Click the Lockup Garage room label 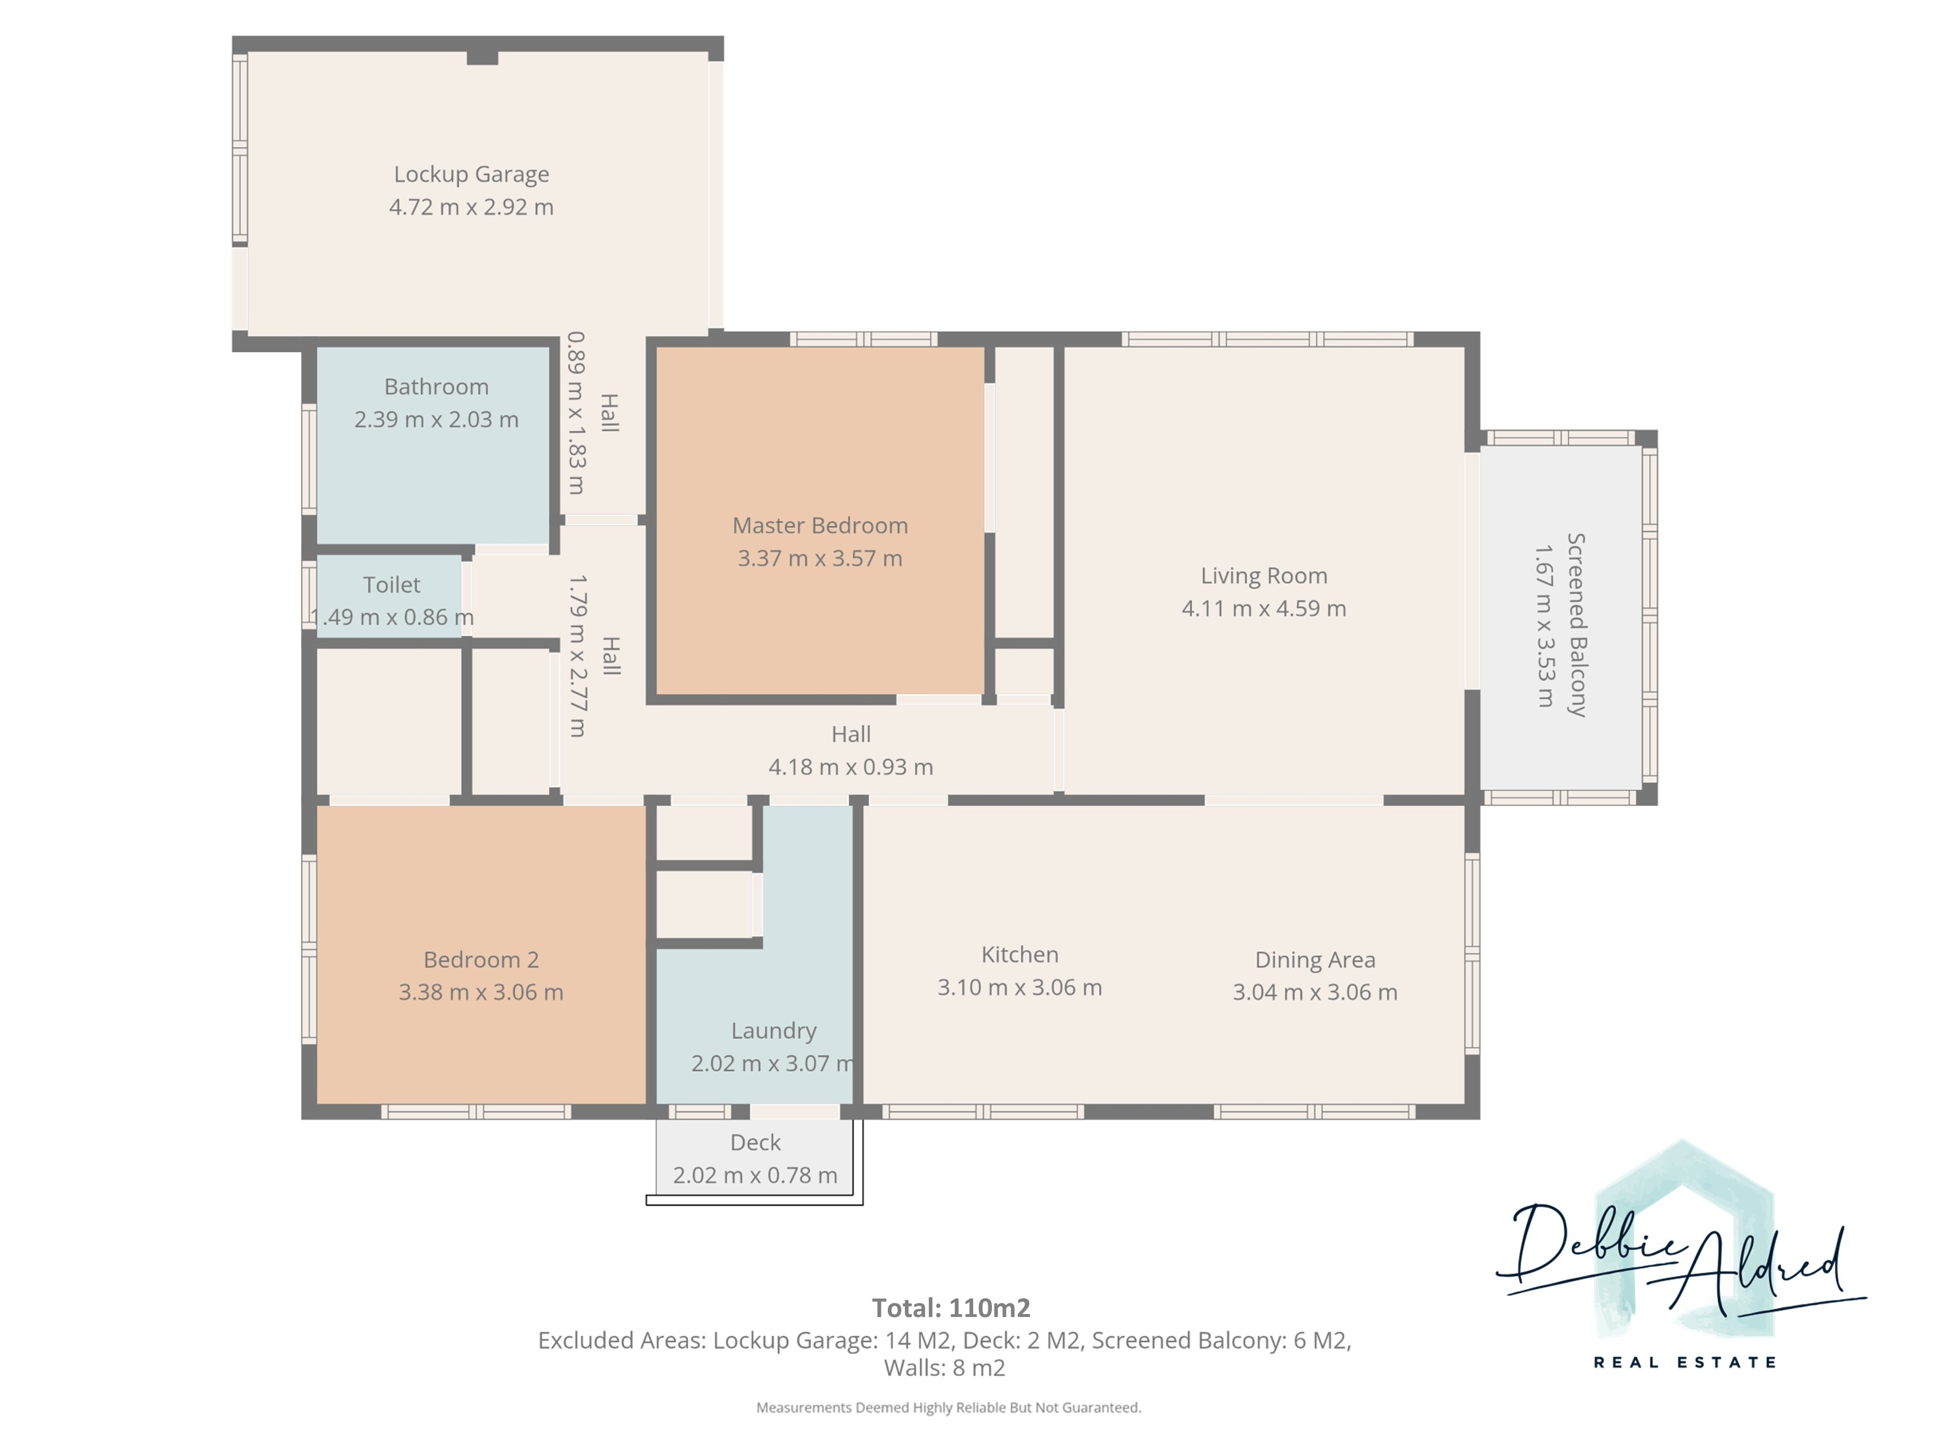(x=471, y=175)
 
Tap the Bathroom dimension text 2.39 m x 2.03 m (x=436, y=420)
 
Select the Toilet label (x=391, y=584)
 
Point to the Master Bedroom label (x=819, y=525)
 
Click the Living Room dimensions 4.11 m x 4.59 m (x=1263, y=608)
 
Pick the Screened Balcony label (x=1576, y=625)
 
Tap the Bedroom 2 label (x=480, y=959)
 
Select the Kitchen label (x=1019, y=954)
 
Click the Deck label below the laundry (x=755, y=1142)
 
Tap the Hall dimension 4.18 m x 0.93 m (x=850, y=767)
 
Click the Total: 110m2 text (x=951, y=1308)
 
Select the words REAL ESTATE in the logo (x=1684, y=1362)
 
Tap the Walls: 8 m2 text (x=944, y=1367)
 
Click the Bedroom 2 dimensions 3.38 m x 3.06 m (x=480, y=992)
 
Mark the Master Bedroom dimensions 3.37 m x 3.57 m (x=819, y=558)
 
